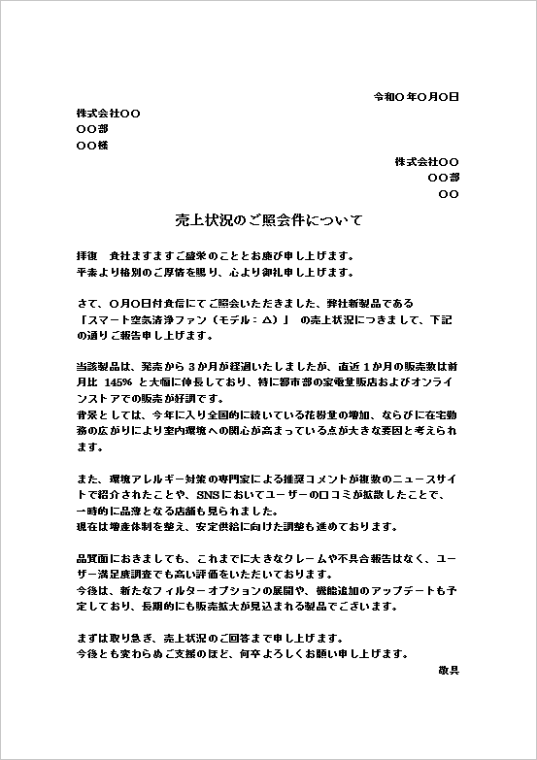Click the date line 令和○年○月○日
[x=416, y=97]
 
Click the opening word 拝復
[x=86, y=255]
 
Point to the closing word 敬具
[x=449, y=670]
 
